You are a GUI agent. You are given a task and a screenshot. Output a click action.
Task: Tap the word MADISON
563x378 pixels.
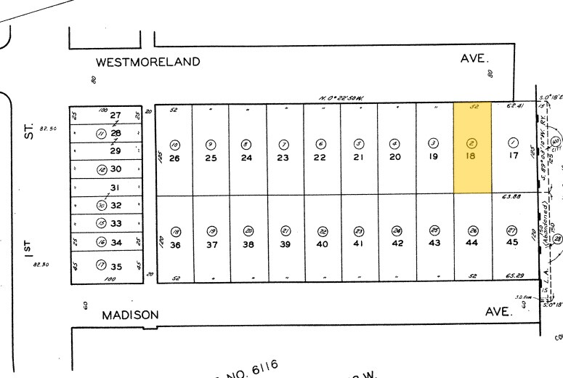[x=130, y=315]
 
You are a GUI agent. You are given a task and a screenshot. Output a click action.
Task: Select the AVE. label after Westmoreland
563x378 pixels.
[x=476, y=59]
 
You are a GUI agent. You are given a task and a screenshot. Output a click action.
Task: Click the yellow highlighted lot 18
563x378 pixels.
[x=471, y=149]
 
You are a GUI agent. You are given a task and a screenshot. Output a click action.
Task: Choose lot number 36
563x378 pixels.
[x=174, y=245]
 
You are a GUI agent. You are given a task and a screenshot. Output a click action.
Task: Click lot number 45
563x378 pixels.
[x=512, y=243]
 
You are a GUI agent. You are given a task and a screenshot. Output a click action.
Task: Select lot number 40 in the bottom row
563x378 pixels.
[x=323, y=245]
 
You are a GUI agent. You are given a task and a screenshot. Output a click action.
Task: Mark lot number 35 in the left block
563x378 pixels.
[x=116, y=266]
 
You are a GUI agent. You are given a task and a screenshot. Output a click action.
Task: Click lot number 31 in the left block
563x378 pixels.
[x=115, y=188]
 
